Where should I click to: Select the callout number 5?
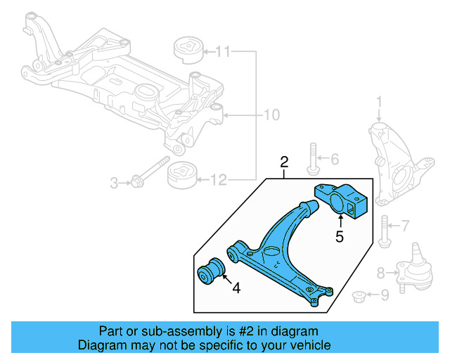(x=340, y=236)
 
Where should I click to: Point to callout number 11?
(x=222, y=51)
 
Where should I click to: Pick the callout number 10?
(x=271, y=115)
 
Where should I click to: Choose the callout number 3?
(x=114, y=184)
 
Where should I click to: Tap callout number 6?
(x=334, y=159)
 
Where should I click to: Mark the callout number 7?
(x=404, y=226)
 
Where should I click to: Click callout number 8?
(x=381, y=272)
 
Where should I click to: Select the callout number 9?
(x=384, y=296)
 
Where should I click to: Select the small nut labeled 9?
(x=358, y=296)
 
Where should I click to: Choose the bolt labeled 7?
(x=383, y=231)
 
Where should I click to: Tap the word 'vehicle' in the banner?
(x=305, y=345)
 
